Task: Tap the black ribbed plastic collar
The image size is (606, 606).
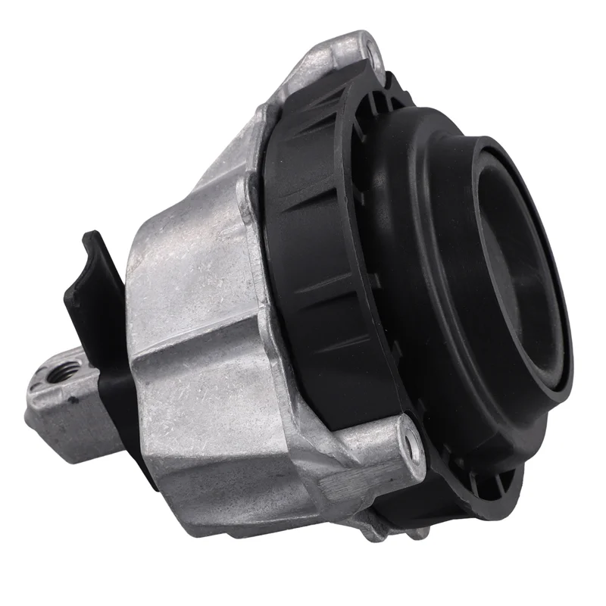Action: [318, 250]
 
